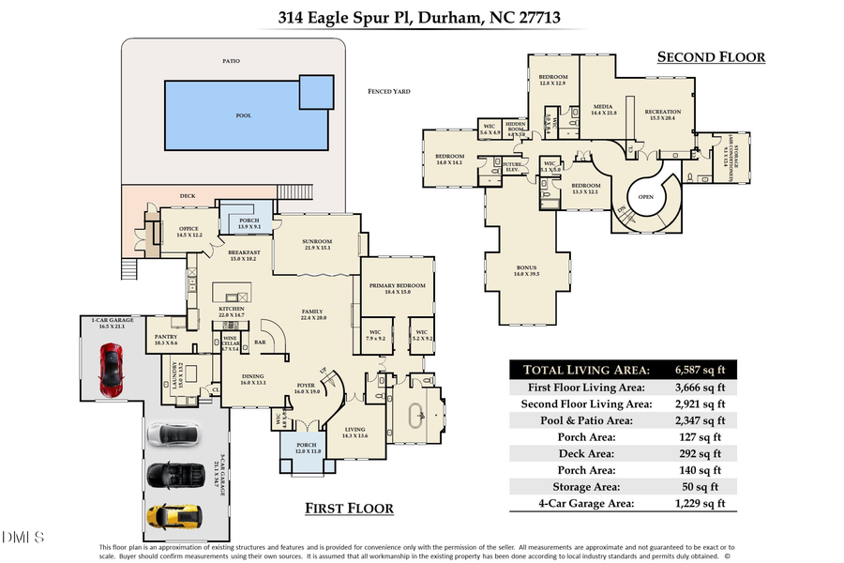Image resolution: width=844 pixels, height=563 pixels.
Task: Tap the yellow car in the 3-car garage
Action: [x=171, y=515]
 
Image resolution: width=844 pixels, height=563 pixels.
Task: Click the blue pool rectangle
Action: [x=249, y=114]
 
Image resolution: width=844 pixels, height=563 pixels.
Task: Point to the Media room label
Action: [x=603, y=108]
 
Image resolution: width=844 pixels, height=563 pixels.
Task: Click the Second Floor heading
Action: [x=711, y=57]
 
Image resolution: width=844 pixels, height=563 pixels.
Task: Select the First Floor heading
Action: [x=349, y=508]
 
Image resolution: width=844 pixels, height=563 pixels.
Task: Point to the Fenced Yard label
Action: [x=389, y=91]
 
